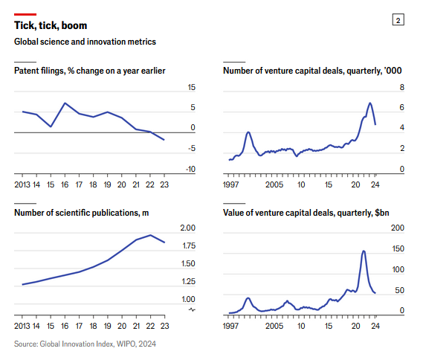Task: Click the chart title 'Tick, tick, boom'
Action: click(x=51, y=25)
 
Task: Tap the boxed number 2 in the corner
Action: click(x=398, y=20)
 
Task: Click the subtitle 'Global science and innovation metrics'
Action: click(x=85, y=42)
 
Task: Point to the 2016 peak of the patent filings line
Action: click(x=65, y=103)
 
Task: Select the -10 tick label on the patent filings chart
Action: click(x=190, y=169)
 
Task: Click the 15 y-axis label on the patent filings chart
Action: click(x=192, y=87)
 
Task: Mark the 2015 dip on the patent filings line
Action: click(x=51, y=126)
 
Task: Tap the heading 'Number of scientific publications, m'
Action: click(x=82, y=213)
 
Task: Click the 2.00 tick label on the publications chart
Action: click(x=188, y=228)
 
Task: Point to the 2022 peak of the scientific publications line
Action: click(x=150, y=235)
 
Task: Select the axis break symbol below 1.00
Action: click(x=192, y=309)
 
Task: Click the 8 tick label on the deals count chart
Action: click(x=402, y=87)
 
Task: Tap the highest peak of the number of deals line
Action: click(x=370, y=103)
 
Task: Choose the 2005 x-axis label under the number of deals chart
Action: click(x=274, y=184)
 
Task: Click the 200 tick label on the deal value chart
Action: click(x=398, y=228)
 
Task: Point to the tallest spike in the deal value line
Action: click(x=364, y=251)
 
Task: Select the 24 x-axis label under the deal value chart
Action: click(x=375, y=326)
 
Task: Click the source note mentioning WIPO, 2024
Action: click(x=85, y=344)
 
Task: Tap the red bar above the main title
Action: click(x=25, y=14)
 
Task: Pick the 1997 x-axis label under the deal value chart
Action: click(x=231, y=326)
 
